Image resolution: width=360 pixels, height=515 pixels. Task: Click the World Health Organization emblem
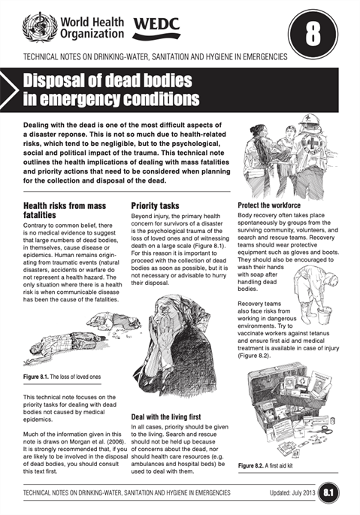(35, 27)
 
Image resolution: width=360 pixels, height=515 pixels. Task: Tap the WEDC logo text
(156, 28)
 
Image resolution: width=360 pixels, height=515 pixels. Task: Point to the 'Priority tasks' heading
(155, 204)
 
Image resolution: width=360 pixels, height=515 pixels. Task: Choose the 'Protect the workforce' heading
(268, 204)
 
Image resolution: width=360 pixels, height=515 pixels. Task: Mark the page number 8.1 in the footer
(329, 492)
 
